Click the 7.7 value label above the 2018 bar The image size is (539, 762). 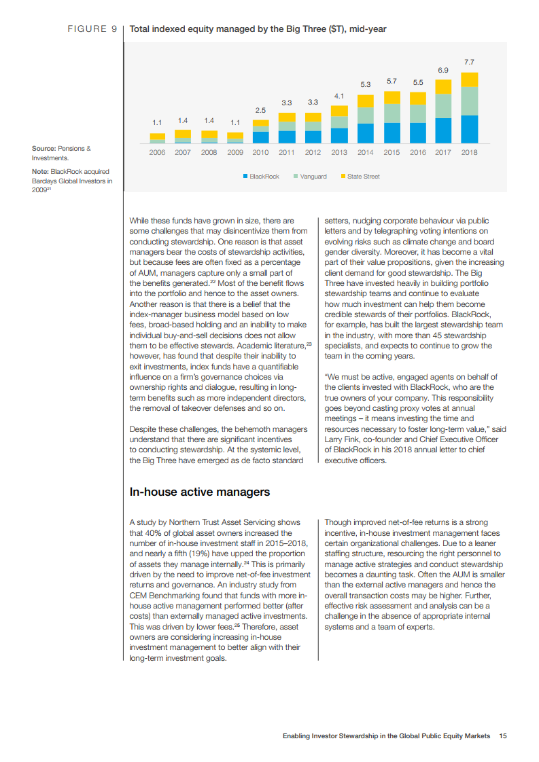click(x=469, y=62)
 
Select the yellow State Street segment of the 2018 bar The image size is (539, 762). click(x=469, y=79)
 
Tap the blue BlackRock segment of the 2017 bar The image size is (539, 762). click(x=443, y=130)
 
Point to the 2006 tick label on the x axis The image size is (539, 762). click(x=157, y=152)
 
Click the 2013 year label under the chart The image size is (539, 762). click(x=339, y=152)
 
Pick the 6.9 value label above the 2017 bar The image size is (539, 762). click(x=442, y=70)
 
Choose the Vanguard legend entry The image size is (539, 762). click(x=310, y=177)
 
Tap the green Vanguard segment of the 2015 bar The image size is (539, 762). click(x=391, y=113)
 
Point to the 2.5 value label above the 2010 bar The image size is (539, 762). click(x=260, y=109)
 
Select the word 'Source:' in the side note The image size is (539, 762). click(x=44, y=148)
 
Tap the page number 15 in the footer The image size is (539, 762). click(x=502, y=736)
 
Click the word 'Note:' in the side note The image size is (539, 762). click(x=40, y=171)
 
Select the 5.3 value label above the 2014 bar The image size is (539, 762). click(x=365, y=84)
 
